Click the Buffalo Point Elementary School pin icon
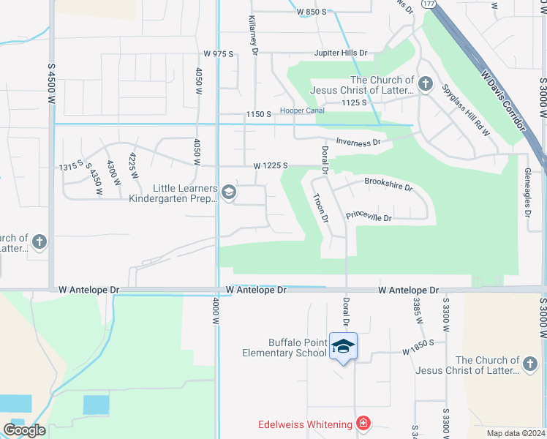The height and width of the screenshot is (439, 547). click(x=343, y=347)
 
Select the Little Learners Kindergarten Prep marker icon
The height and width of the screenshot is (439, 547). click(x=228, y=192)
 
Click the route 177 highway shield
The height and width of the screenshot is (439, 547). click(x=429, y=4)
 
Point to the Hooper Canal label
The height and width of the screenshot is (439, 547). click(x=301, y=111)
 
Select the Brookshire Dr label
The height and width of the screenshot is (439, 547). click(x=388, y=186)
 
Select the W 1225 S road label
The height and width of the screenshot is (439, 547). click(x=271, y=166)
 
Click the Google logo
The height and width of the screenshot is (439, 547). click(x=24, y=430)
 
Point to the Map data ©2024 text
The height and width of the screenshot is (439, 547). click(x=516, y=433)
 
